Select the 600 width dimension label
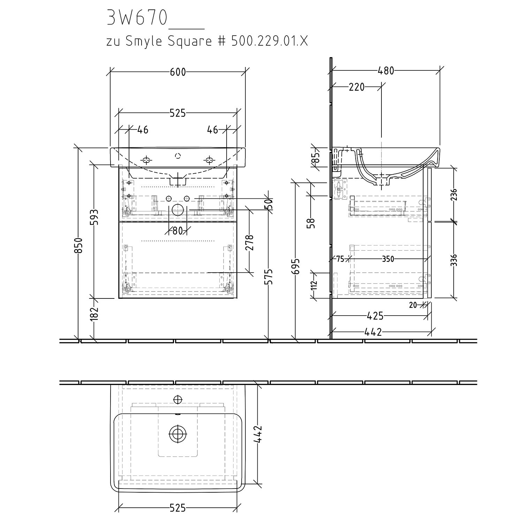[178, 72]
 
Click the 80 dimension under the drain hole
[177, 231]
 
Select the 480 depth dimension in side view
[386, 71]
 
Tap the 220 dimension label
[356, 87]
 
